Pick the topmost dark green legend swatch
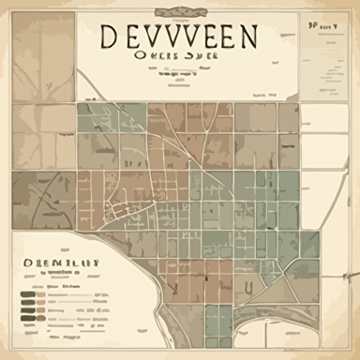click(28, 294)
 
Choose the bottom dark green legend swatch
click(28, 318)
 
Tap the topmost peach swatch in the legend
click(40, 294)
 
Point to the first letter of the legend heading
click(27, 262)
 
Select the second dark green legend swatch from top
click(28, 302)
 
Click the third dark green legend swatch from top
click(28, 310)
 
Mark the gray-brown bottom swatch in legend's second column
click(40, 318)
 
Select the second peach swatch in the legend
click(40, 302)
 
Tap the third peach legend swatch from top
click(40, 310)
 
